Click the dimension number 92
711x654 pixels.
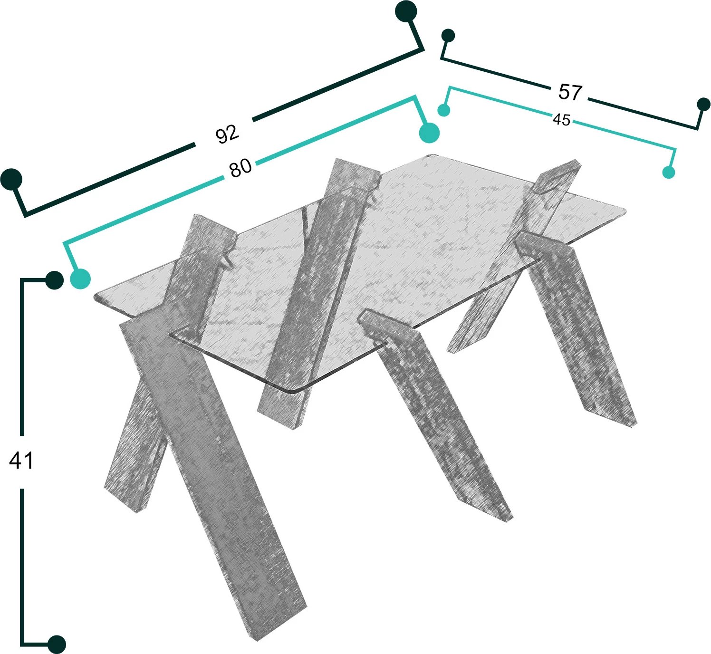click(227, 134)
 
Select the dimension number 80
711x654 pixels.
click(240, 168)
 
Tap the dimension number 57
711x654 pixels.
click(570, 92)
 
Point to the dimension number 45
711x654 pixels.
click(561, 120)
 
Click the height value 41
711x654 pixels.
click(21, 461)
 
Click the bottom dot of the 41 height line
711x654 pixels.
click(57, 644)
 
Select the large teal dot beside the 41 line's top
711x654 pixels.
click(80, 279)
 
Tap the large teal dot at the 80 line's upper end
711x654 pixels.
click(429, 133)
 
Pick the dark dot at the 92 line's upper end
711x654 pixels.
click(406, 11)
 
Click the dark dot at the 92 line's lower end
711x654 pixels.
click(11, 179)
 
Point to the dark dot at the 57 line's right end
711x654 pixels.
click(703, 105)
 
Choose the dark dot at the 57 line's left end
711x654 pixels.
click(448, 36)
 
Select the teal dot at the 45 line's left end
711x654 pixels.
click(444, 110)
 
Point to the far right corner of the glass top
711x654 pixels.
click(625, 212)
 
